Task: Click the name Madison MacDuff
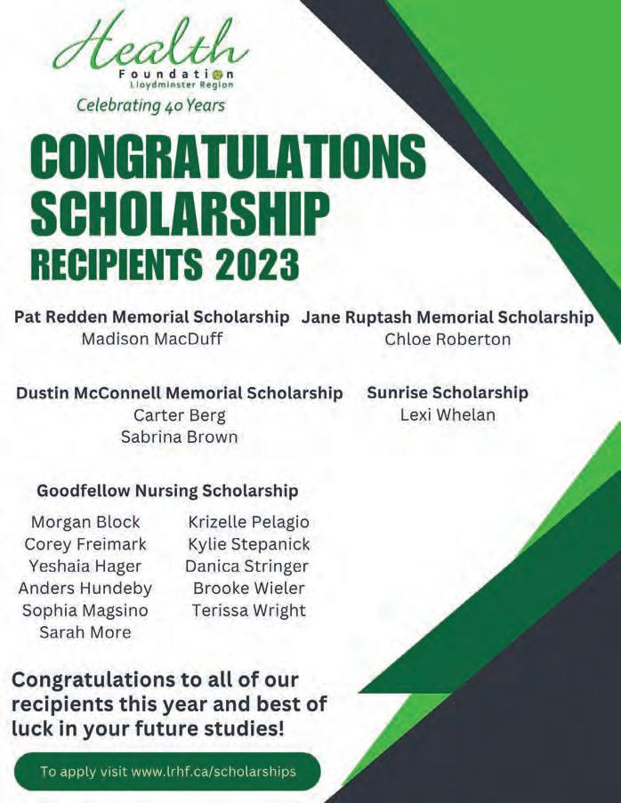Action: point(151,339)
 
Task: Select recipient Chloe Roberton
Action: point(448,339)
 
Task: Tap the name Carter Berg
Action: point(179,414)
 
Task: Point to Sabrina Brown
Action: point(179,437)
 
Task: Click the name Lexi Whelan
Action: point(448,414)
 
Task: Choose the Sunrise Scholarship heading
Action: point(448,392)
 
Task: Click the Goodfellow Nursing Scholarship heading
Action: point(167,490)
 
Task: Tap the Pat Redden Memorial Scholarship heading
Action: point(152,317)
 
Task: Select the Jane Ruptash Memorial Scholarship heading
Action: point(448,317)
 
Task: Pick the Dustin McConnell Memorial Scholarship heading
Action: point(179,392)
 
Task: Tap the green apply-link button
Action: point(167,771)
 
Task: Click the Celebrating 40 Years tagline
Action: point(150,105)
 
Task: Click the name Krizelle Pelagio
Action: point(249,521)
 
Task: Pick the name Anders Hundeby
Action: point(85,588)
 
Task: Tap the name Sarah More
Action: point(85,632)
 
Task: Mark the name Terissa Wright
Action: point(249,610)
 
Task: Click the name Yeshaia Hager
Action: point(85,566)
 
